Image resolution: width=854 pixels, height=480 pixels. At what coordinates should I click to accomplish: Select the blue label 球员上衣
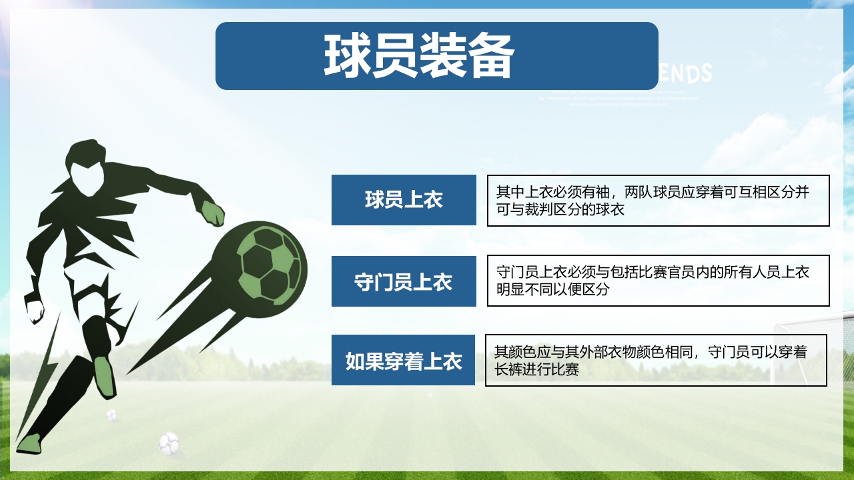[x=404, y=200]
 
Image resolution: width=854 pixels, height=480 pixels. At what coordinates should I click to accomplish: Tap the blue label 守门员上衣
[x=404, y=282]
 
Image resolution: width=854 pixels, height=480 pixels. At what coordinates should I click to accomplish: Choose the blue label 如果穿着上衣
[x=403, y=361]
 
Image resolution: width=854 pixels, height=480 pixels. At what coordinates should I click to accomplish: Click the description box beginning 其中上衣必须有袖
[x=658, y=201]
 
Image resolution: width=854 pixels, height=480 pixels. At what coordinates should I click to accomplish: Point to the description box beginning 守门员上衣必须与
[x=658, y=281]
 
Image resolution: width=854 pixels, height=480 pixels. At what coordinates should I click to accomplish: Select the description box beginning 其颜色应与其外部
[x=656, y=361]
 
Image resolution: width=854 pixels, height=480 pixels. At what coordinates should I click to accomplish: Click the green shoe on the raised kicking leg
[x=103, y=377]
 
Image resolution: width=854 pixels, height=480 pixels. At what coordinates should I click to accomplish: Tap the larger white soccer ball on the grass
[x=169, y=443]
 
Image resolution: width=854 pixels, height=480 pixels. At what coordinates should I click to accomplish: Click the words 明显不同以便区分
[x=553, y=290]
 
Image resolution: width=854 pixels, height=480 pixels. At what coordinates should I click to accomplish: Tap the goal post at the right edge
[x=776, y=353]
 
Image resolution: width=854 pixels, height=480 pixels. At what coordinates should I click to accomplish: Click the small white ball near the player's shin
[x=111, y=415]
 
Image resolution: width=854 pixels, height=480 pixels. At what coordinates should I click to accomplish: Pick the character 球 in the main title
[x=348, y=56]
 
